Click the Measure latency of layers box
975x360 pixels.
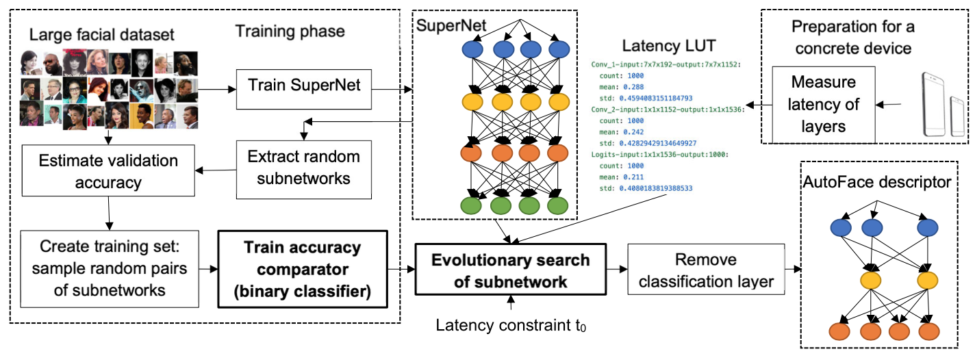click(x=824, y=104)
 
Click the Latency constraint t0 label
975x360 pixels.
click(x=505, y=325)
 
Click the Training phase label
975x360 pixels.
click(x=290, y=31)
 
